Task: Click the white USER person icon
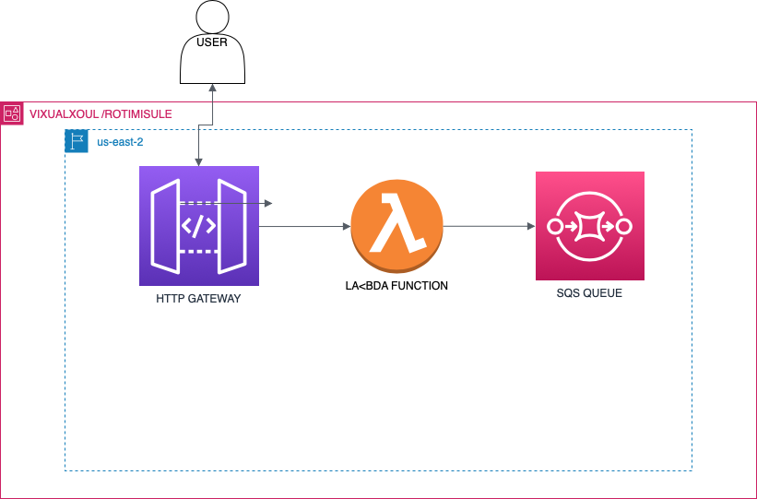pos(212,55)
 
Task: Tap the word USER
pos(212,42)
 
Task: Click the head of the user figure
pos(212,17)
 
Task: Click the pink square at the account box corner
pos(12,113)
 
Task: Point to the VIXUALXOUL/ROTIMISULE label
pos(101,114)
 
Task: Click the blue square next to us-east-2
pos(77,141)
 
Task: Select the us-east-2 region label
pos(120,142)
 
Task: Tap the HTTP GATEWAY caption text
pos(198,299)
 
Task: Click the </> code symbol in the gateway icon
pos(198,226)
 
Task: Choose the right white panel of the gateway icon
pos(231,227)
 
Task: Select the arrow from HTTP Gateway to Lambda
pos(304,226)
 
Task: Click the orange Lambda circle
pos(396,226)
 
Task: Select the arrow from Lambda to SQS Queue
pos(489,226)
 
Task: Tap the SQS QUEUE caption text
pos(589,293)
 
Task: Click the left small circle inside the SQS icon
pos(555,226)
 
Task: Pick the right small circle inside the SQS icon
pos(624,226)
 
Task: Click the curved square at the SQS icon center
pos(590,226)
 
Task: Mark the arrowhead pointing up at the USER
pos(213,89)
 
